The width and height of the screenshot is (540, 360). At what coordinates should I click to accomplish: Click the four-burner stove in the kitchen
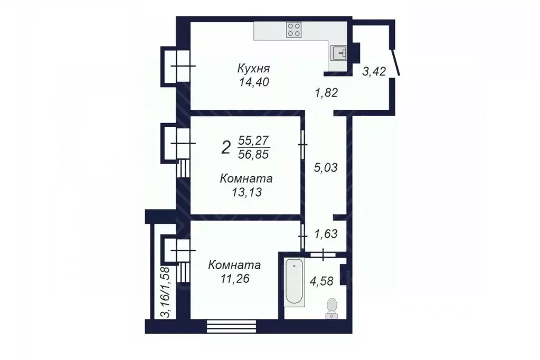294,30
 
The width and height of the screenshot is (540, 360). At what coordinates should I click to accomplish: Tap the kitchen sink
338,53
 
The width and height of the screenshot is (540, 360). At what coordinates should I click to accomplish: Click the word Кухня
253,69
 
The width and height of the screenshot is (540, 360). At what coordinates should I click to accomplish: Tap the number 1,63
326,233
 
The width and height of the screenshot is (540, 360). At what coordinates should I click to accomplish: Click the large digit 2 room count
226,147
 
